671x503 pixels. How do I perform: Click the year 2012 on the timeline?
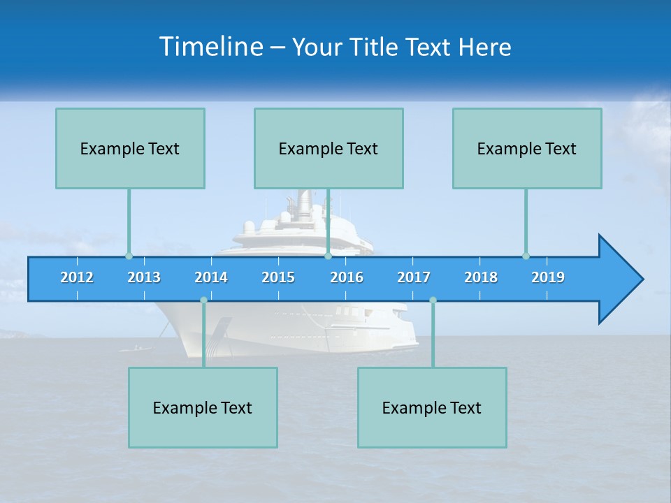tap(77, 277)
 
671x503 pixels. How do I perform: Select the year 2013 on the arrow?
tap(144, 277)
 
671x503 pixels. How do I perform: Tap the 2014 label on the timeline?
tap(211, 277)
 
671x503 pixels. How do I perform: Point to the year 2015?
tap(278, 277)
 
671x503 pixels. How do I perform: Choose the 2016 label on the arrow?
tap(347, 277)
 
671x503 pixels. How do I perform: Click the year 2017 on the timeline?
tap(414, 277)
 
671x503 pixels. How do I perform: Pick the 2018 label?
tap(481, 277)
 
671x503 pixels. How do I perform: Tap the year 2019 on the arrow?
tap(548, 277)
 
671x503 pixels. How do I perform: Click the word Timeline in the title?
tap(209, 47)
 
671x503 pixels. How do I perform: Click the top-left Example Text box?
tap(130, 148)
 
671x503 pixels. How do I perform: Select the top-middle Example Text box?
tap(329, 148)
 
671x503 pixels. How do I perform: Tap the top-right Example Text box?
tap(527, 148)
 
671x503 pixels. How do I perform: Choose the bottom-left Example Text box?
tap(203, 407)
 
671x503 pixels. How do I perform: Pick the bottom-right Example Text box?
tap(432, 407)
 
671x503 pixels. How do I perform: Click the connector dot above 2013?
tap(129, 256)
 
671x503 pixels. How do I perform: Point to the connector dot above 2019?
tap(526, 256)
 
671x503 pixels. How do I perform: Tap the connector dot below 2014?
tap(203, 300)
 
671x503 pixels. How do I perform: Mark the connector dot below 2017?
tap(433, 300)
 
